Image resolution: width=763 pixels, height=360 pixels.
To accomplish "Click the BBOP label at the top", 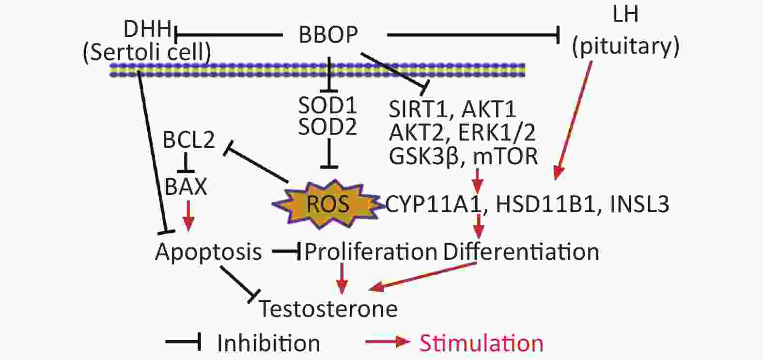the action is click(328, 34).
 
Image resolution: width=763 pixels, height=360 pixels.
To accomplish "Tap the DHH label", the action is click(147, 29).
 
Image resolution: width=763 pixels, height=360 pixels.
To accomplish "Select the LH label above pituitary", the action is click(625, 15).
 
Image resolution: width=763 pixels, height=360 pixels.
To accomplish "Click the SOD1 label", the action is click(327, 105).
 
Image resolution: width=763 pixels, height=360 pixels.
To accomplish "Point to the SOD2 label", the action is click(327, 126).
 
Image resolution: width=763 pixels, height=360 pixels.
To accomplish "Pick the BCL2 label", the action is click(189, 140).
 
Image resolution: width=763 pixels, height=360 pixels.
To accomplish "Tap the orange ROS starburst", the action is click(327, 204).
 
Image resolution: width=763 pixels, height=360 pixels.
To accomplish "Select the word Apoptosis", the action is click(208, 252).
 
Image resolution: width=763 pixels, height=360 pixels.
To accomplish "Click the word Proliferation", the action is click(371, 251).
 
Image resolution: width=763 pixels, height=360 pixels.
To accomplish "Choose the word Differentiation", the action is click(521, 251).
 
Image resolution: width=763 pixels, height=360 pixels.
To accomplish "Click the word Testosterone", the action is click(328, 309).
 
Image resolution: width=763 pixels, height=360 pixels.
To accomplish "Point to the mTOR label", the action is click(505, 157).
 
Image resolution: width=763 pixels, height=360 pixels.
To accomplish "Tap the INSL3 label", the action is click(639, 204).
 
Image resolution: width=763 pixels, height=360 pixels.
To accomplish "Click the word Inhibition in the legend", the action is click(268, 343).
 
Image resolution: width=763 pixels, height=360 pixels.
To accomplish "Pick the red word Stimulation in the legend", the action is click(481, 343).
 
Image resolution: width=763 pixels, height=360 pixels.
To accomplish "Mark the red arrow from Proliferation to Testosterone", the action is click(342, 278).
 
